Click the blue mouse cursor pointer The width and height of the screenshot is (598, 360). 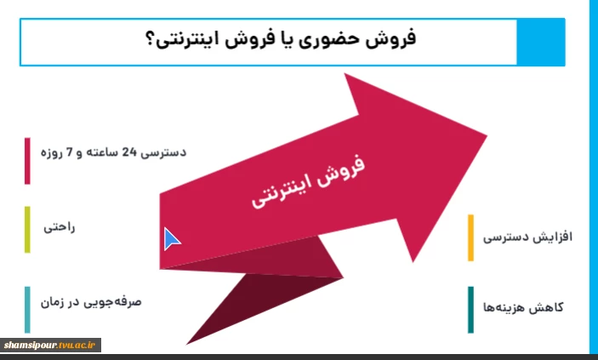pyautogui.click(x=171, y=239)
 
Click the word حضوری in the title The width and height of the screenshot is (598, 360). pyautogui.click(x=329, y=40)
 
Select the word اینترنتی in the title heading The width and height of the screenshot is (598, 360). pyautogui.click(x=187, y=41)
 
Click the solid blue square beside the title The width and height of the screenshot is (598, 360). pyautogui.click(x=541, y=42)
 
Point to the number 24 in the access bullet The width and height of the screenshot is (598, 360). pyautogui.click(x=129, y=152)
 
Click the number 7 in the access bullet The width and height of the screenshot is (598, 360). pyautogui.click(x=70, y=152)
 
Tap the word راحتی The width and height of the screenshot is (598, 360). pyautogui.click(x=59, y=227)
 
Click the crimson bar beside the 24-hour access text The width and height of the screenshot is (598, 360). pyautogui.click(x=27, y=161)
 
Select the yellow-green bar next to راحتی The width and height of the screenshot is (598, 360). pyautogui.click(x=27, y=230)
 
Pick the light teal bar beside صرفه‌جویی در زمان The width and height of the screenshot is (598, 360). pyautogui.click(x=27, y=310)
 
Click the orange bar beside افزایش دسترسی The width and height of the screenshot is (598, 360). pyautogui.click(x=470, y=237)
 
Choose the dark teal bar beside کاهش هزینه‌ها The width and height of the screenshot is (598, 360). pyautogui.click(x=470, y=310)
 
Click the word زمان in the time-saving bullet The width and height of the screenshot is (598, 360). pyautogui.click(x=52, y=303)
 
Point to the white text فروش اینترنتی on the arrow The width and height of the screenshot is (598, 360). pyautogui.click(x=308, y=181)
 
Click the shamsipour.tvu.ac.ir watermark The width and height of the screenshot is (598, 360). pyautogui.click(x=49, y=346)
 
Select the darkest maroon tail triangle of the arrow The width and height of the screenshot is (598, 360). pyautogui.click(x=259, y=301)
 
